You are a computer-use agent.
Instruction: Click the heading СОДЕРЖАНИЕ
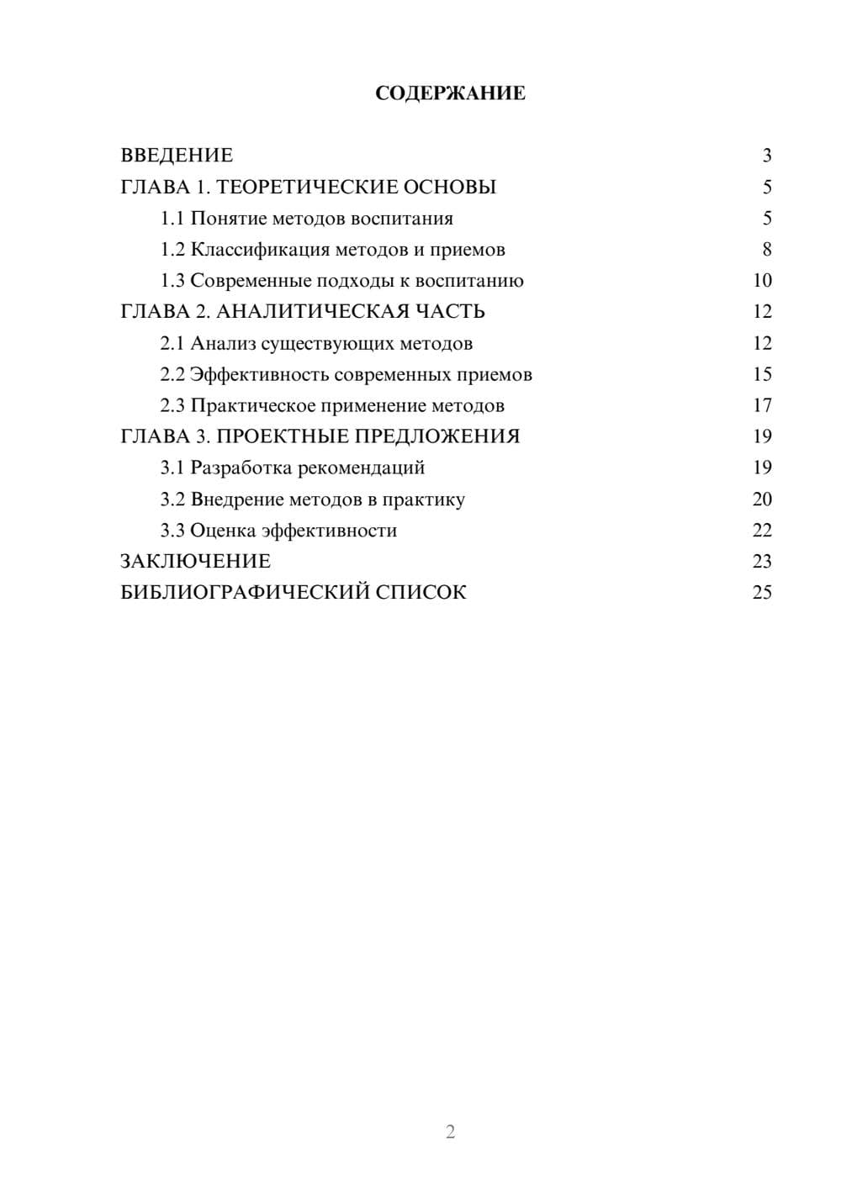point(450,93)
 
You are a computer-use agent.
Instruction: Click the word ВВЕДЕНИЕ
point(177,156)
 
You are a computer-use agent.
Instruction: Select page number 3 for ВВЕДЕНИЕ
point(766,156)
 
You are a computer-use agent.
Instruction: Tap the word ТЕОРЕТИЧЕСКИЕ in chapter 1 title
point(307,187)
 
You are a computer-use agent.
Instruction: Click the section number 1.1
point(172,219)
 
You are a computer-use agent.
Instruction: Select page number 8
point(766,250)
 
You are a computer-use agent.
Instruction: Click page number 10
point(762,281)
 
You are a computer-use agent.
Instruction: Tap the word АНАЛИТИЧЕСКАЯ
point(309,312)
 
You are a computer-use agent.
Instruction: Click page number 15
point(762,374)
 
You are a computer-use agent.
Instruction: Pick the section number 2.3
point(172,406)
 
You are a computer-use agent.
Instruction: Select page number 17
point(762,405)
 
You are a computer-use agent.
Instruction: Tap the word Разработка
point(241,468)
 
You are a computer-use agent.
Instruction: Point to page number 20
point(762,499)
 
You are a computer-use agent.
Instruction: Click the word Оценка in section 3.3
point(223,531)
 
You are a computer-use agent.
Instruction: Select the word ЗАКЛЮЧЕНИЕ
point(195,562)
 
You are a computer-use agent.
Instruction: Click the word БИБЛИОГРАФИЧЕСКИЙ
point(245,593)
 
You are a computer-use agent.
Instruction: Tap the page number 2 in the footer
point(450,1132)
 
